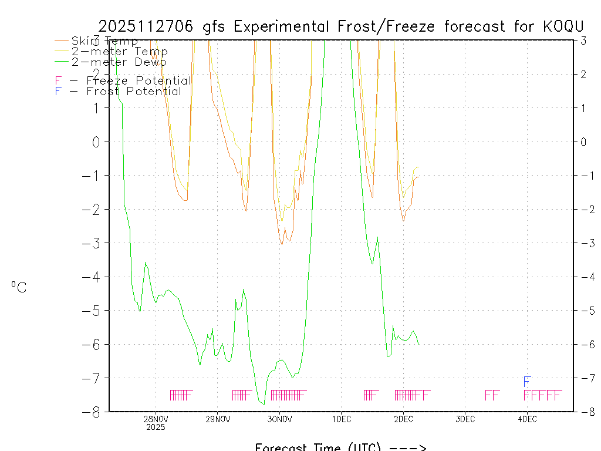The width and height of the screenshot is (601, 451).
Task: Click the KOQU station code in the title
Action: click(562, 26)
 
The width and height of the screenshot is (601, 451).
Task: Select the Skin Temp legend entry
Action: click(104, 41)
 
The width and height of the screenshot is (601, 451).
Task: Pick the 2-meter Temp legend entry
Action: click(119, 52)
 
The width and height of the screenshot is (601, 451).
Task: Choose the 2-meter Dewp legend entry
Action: click(119, 62)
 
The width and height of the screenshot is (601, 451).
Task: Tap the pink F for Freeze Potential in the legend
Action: click(58, 81)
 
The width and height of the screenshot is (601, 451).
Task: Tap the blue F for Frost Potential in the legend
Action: click(58, 92)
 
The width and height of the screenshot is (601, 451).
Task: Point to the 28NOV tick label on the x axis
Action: click(156, 419)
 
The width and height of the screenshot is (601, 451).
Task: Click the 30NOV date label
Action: click(279, 419)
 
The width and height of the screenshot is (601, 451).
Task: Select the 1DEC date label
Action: click(342, 419)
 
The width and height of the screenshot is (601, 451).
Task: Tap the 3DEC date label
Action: click(465, 419)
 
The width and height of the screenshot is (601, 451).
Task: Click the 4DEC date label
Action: click(527, 419)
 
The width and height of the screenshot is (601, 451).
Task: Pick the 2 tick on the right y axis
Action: click(583, 74)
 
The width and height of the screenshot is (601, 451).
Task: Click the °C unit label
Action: click(19, 288)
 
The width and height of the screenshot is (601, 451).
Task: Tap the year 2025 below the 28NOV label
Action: click(156, 428)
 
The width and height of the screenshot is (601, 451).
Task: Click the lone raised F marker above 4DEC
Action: click(528, 382)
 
